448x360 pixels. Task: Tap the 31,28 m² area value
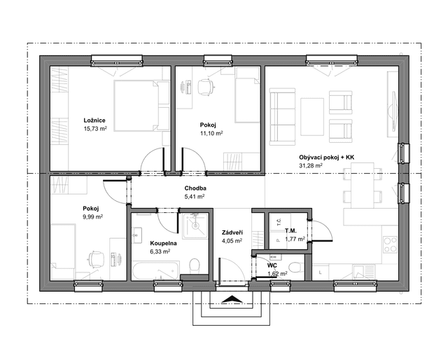[311, 165]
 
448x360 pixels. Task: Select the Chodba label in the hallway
[195, 188]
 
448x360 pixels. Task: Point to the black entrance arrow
[232, 299]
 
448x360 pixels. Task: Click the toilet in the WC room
[295, 268]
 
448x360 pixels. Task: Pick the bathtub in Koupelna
[156, 270]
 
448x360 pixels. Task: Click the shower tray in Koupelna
[195, 226]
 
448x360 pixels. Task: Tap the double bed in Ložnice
[141, 106]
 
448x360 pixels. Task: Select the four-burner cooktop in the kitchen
[390, 245]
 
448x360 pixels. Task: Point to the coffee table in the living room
[312, 117]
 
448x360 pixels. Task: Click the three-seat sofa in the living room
[282, 114]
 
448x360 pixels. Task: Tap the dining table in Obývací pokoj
[363, 186]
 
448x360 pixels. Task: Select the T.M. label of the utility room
[290, 230]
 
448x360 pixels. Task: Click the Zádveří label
[232, 233]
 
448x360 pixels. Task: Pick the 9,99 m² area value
[93, 216]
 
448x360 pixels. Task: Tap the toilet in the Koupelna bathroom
[195, 265]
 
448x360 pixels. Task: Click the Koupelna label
[163, 243]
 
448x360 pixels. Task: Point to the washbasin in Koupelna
[137, 235]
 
